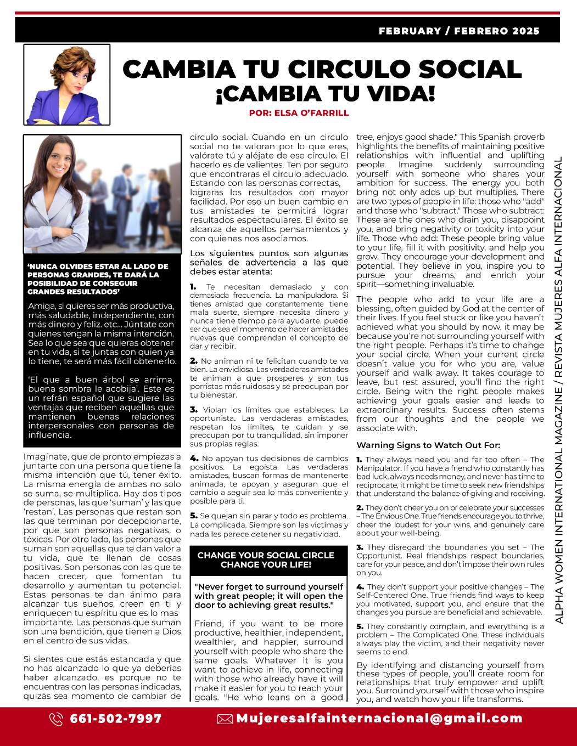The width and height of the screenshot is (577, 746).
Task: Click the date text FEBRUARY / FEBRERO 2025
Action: click(459, 31)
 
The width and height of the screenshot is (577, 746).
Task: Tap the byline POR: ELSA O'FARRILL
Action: click(298, 113)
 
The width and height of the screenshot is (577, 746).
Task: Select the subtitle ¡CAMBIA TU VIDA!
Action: click(325, 94)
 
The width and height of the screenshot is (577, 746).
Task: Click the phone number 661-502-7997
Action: click(116, 719)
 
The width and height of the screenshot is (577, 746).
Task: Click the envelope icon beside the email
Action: click(225, 719)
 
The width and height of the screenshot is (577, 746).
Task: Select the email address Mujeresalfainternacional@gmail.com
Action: click(379, 719)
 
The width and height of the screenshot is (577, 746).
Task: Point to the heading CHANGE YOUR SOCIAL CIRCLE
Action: click(266, 555)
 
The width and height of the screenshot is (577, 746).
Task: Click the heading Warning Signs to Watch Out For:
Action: click(428, 445)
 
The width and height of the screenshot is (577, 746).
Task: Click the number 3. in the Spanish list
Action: click(194, 410)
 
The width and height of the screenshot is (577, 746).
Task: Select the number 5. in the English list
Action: click(360, 626)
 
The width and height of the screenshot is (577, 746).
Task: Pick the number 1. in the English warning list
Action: click(359, 460)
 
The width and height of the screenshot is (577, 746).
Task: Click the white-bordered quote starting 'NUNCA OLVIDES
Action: click(98, 279)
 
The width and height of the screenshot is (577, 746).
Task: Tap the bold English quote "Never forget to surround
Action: click(268, 596)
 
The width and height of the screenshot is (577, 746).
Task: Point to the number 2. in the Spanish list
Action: click(194, 361)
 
